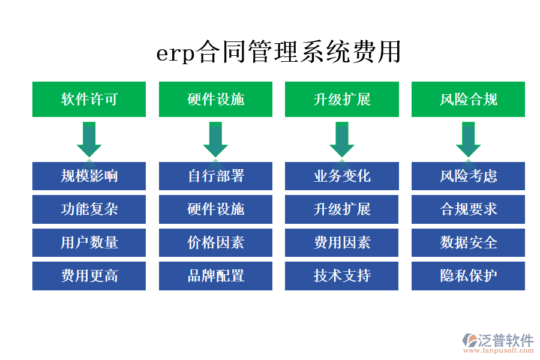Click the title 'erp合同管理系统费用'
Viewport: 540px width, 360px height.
pyautogui.click(x=278, y=52)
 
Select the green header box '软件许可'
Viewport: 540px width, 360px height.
pyautogui.click(x=89, y=99)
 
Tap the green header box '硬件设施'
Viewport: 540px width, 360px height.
pyautogui.click(x=215, y=99)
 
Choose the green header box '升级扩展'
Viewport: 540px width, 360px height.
pyautogui.click(x=341, y=99)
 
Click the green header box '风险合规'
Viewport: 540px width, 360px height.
pyautogui.click(x=468, y=99)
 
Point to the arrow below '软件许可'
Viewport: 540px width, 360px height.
pyautogui.click(x=89, y=139)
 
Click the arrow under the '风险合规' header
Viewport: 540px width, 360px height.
pyautogui.click(x=468, y=139)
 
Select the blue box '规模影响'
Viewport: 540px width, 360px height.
pyautogui.click(x=89, y=176)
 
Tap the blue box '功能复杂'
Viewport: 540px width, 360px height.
pyautogui.click(x=89, y=209)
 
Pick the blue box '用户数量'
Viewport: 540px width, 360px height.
pyautogui.click(x=89, y=242)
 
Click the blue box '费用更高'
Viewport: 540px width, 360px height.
pyautogui.click(x=89, y=275)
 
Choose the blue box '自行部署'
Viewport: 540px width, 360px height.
pyautogui.click(x=215, y=176)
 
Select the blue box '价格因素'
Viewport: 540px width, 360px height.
pyautogui.click(x=215, y=242)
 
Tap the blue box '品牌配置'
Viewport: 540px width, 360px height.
pyautogui.click(x=215, y=275)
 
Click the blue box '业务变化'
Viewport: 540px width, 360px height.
pyautogui.click(x=341, y=176)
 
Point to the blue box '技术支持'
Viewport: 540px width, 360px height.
pyautogui.click(x=341, y=275)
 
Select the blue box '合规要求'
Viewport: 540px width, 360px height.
pyautogui.click(x=468, y=209)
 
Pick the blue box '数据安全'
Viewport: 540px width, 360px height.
pyautogui.click(x=468, y=242)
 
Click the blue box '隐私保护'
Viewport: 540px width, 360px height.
pyautogui.click(x=468, y=275)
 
